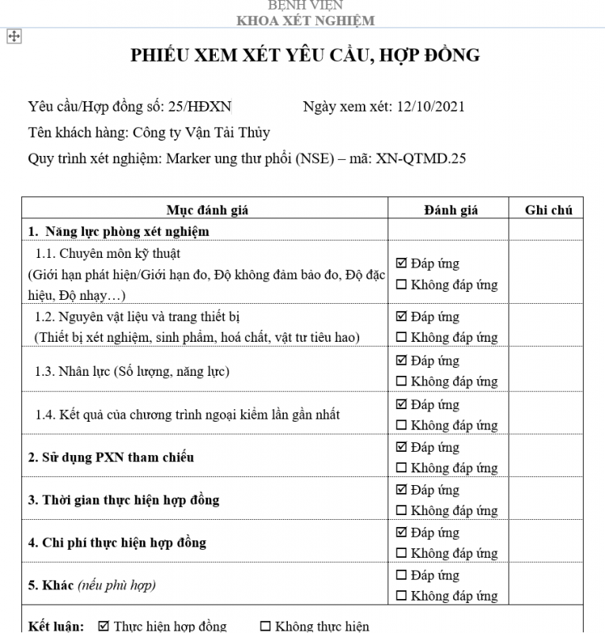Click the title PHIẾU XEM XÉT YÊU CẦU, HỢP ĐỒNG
(305, 55)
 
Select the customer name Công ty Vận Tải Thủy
(202, 132)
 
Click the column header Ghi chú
(548, 210)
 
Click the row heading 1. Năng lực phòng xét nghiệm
(119, 231)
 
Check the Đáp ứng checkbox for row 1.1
(401, 263)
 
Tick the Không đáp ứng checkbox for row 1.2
(401, 337)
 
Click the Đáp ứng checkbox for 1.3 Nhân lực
(401, 361)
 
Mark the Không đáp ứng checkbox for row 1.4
(401, 426)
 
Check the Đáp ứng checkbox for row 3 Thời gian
(401, 490)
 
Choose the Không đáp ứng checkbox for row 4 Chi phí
(401, 553)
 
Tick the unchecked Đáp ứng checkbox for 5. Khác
(401, 575)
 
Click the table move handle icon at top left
(13, 36)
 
